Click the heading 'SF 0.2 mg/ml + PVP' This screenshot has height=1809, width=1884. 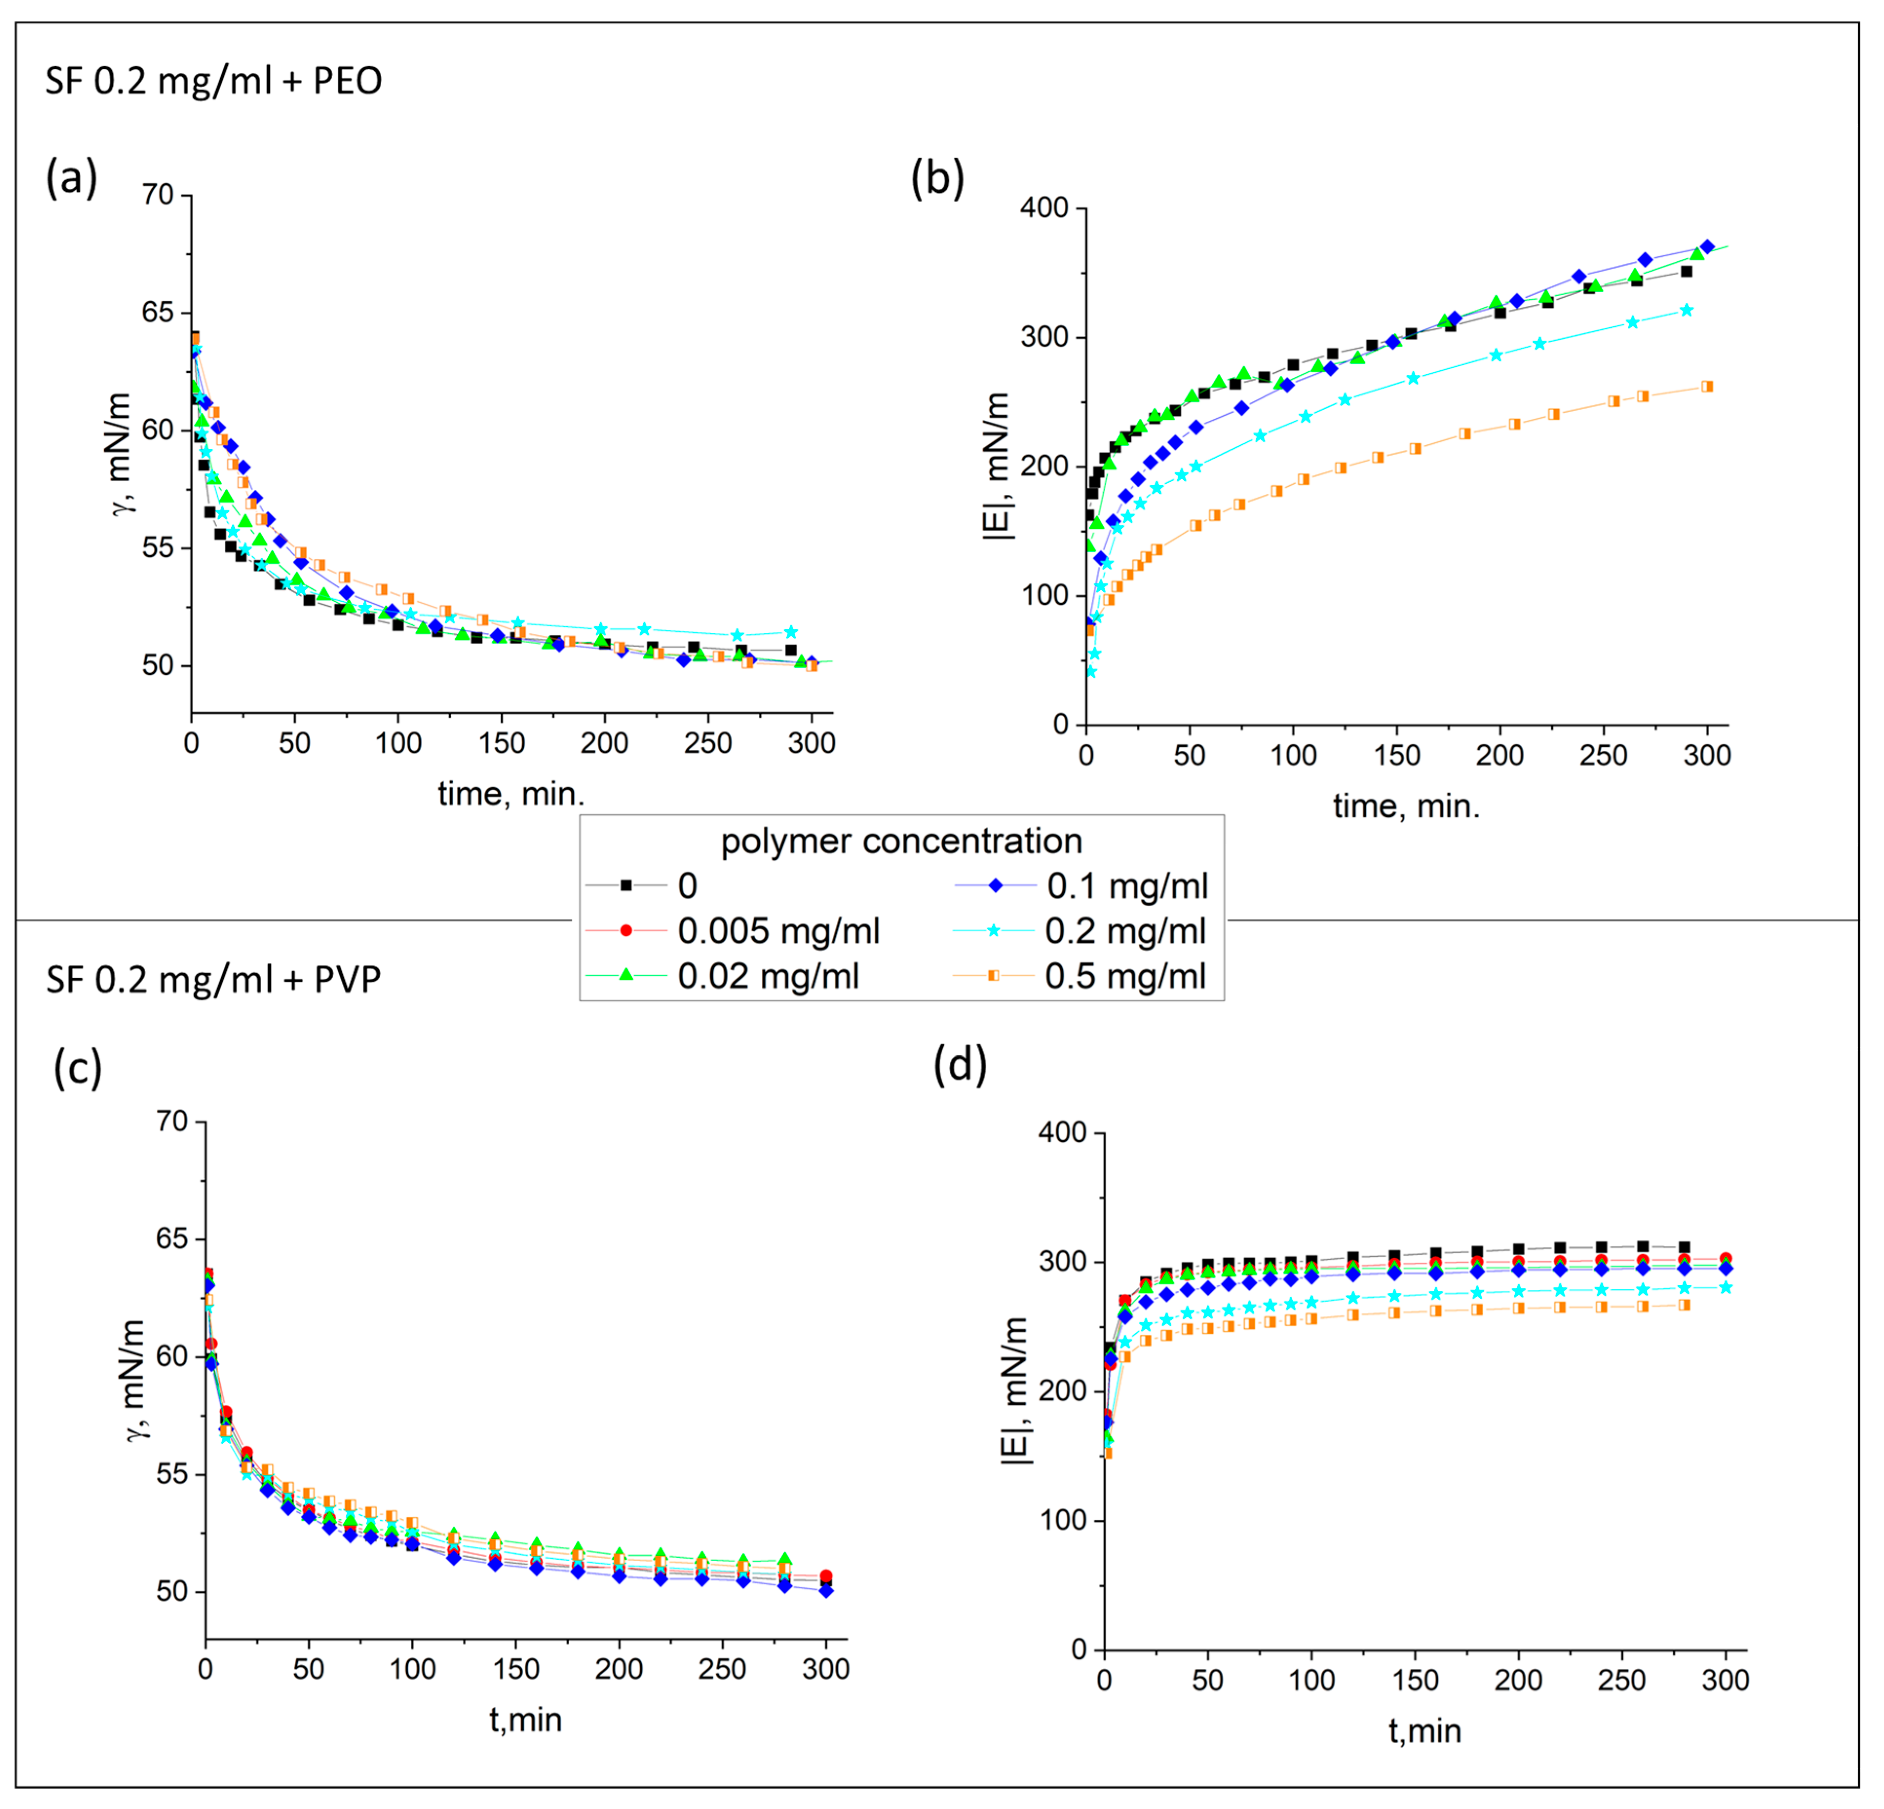(x=213, y=979)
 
